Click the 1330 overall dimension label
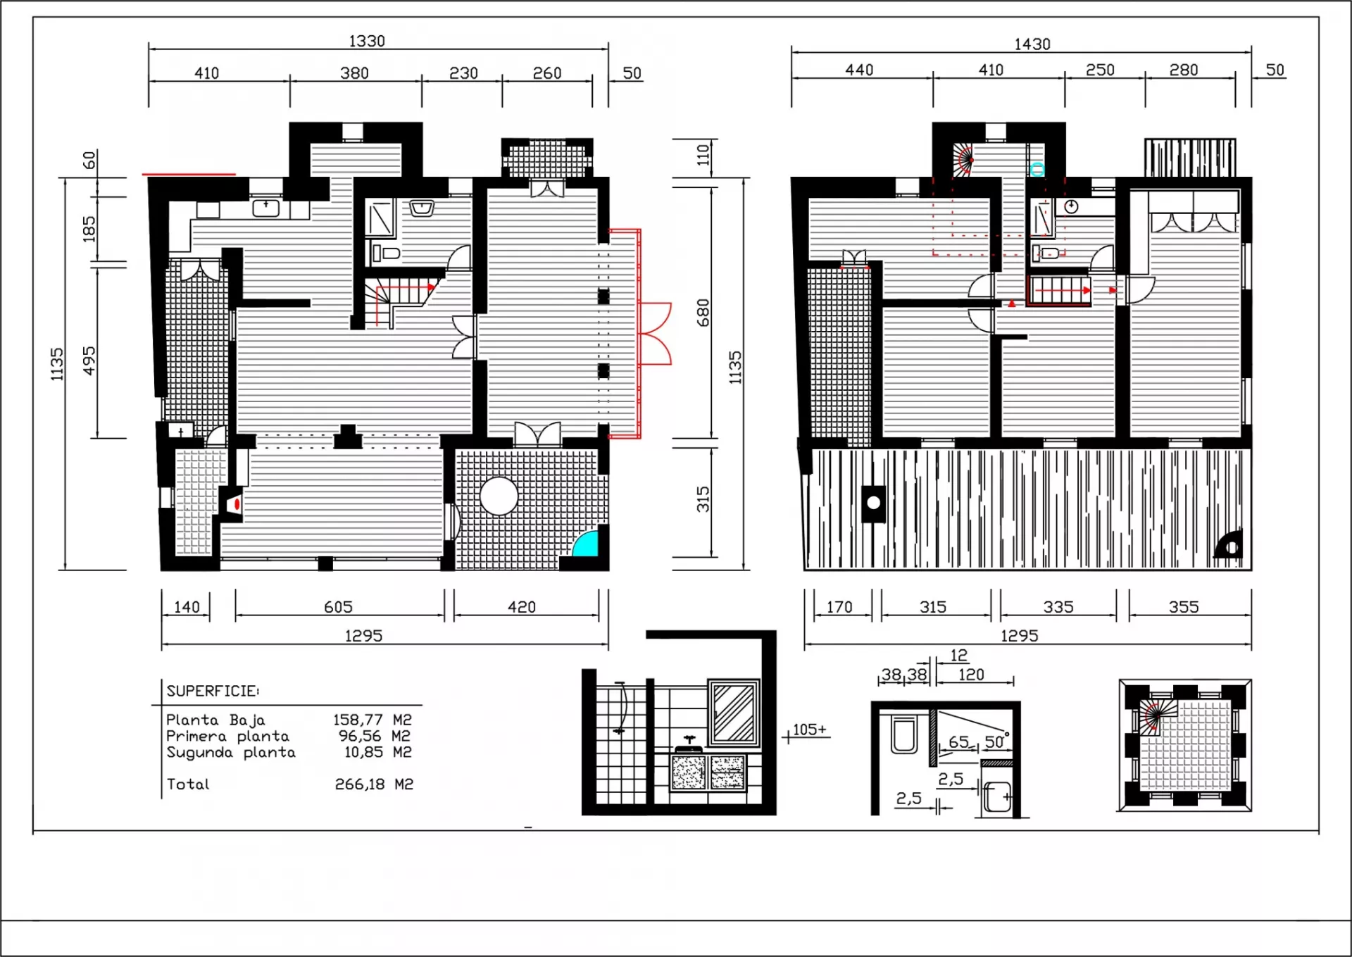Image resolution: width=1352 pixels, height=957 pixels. pyautogui.click(x=367, y=41)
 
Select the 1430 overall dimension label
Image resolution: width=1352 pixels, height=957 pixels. pyautogui.click(x=1032, y=44)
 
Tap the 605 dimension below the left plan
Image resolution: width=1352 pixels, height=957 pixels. pyautogui.click(x=338, y=607)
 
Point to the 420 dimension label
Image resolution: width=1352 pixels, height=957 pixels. pyautogui.click(x=522, y=607)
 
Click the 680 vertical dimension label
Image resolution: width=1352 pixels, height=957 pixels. pyautogui.click(x=703, y=313)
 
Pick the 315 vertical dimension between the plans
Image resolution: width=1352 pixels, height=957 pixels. pyautogui.click(x=703, y=499)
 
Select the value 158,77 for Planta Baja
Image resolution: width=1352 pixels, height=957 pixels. pyautogui.click(x=358, y=720)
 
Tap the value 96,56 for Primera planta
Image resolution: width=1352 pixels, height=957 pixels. pyautogui.click(x=361, y=736)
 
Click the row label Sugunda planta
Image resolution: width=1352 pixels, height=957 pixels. pyautogui.click(x=231, y=753)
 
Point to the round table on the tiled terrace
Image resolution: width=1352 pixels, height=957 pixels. pyautogui.click(x=499, y=496)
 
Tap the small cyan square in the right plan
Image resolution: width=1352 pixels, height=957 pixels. pyautogui.click(x=1037, y=170)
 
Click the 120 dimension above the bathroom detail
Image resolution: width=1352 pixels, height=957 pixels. pyautogui.click(x=971, y=675)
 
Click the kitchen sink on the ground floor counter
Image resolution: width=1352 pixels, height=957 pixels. pyautogui.click(x=266, y=208)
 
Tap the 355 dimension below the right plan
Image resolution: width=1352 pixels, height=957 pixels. pyautogui.click(x=1184, y=607)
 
